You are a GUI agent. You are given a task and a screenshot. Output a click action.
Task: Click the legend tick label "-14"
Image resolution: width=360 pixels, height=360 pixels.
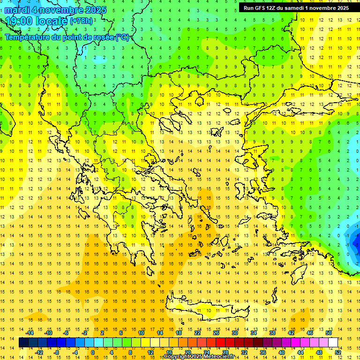(30, 333)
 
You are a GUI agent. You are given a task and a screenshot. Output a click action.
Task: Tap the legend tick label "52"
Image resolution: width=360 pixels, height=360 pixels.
(337, 352)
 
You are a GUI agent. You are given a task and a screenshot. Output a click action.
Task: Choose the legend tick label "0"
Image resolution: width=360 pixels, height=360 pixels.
(92, 352)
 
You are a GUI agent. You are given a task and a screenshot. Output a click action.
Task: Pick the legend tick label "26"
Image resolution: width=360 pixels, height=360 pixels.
(216, 333)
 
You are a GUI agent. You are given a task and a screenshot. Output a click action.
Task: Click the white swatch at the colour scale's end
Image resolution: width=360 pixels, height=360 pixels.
(333, 343)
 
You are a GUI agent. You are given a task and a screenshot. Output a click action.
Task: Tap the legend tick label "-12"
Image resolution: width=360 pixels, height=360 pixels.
(39, 352)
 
